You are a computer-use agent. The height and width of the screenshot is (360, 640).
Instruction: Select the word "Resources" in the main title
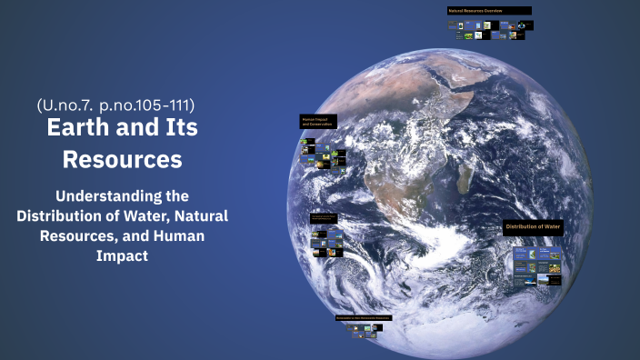click(x=122, y=159)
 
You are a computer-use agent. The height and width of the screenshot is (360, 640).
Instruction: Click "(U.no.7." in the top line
click(x=66, y=105)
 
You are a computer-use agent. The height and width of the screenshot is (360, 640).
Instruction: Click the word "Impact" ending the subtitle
click(x=122, y=255)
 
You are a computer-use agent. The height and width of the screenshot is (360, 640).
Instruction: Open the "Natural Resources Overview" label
click(x=488, y=11)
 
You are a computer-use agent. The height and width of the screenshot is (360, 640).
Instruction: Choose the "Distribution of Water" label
click(x=533, y=226)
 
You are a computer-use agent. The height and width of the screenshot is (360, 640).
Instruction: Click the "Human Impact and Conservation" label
click(x=318, y=121)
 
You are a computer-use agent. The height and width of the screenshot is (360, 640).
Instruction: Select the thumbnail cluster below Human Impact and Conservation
click(x=324, y=155)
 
